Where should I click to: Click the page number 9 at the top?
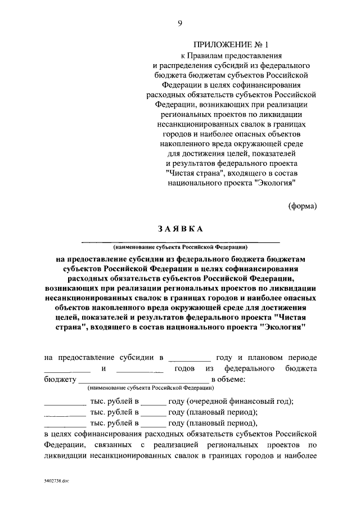tap(180, 23)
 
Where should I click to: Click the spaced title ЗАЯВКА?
tap(180, 228)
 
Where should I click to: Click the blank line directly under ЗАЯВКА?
tap(180, 241)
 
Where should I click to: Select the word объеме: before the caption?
tap(227, 380)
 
